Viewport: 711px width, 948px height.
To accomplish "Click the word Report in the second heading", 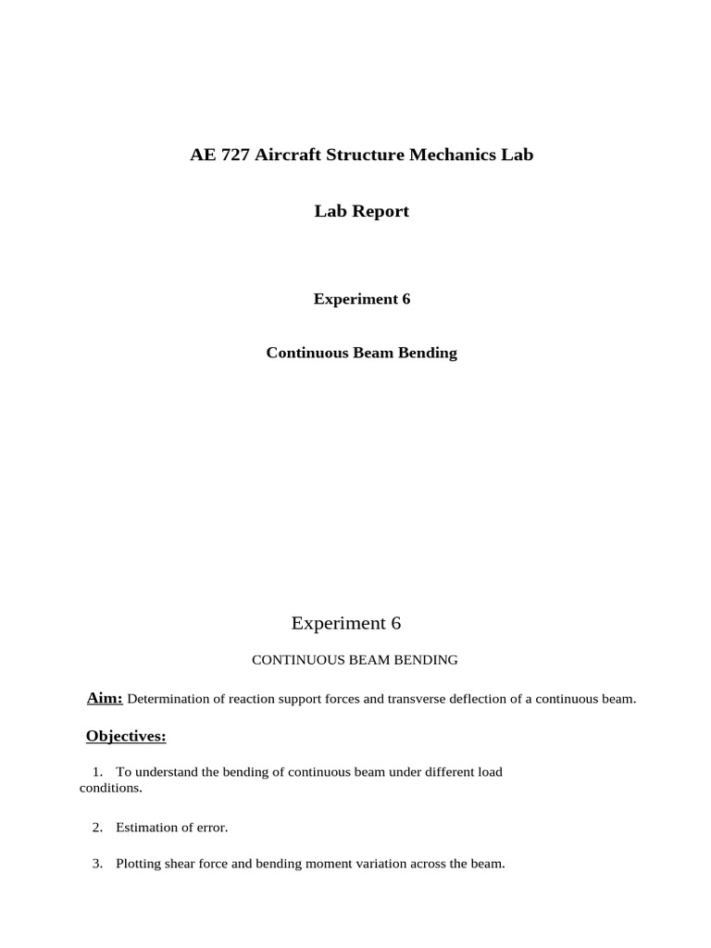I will click(380, 211).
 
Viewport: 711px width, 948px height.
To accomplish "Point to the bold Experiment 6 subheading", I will click(361, 299).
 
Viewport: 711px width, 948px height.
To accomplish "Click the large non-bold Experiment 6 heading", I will click(346, 623).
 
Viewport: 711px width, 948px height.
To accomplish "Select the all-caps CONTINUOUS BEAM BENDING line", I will click(355, 660).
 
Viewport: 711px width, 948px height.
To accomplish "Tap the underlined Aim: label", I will click(105, 698).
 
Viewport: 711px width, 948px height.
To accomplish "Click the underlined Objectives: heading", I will click(126, 737).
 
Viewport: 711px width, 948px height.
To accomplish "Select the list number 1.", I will click(97, 772).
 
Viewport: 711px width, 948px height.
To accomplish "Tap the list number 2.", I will click(97, 827).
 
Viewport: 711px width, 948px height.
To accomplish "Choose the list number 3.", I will click(97, 864).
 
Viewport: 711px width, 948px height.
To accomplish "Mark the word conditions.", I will click(110, 789).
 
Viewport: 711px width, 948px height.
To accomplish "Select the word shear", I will click(184, 864).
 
